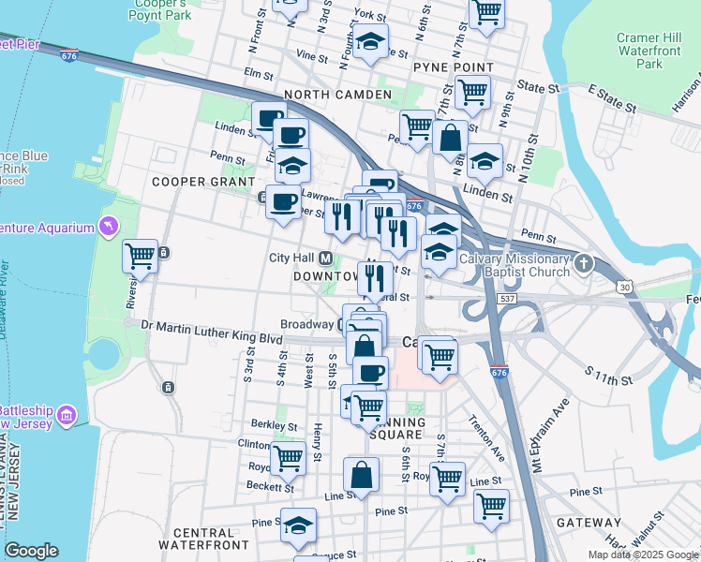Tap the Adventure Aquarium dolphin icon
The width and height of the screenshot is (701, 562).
click(x=111, y=228)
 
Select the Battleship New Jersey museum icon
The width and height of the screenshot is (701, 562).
click(x=67, y=414)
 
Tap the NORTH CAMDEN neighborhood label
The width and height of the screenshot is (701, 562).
click(x=337, y=96)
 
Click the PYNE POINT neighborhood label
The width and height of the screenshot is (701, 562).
click(x=453, y=67)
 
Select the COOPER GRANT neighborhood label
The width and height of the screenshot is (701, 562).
click(x=203, y=181)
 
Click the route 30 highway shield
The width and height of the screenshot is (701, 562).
click(x=625, y=286)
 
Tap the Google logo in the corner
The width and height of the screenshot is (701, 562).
click(x=31, y=551)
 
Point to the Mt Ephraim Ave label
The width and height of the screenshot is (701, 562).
click(x=552, y=440)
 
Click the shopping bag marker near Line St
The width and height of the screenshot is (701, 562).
click(x=362, y=476)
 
